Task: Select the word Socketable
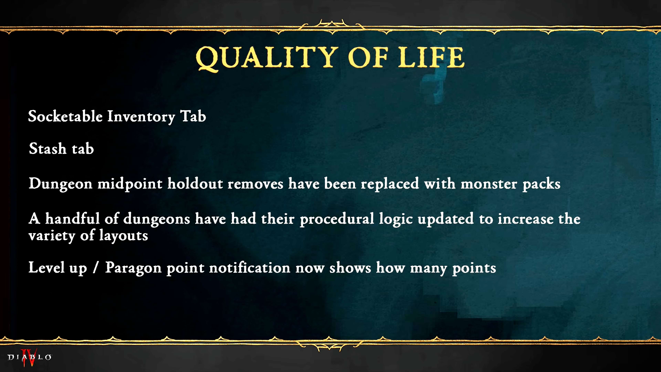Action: (x=65, y=116)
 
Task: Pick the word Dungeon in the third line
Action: (x=61, y=184)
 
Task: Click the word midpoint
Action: (x=130, y=184)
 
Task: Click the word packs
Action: (x=541, y=184)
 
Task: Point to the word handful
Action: (x=72, y=219)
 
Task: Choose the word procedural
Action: (x=337, y=219)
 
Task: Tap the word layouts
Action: (x=124, y=235)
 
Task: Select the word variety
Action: (x=52, y=236)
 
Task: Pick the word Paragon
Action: (x=133, y=268)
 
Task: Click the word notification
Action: (x=250, y=267)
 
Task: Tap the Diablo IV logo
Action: (x=29, y=357)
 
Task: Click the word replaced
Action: (x=390, y=184)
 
